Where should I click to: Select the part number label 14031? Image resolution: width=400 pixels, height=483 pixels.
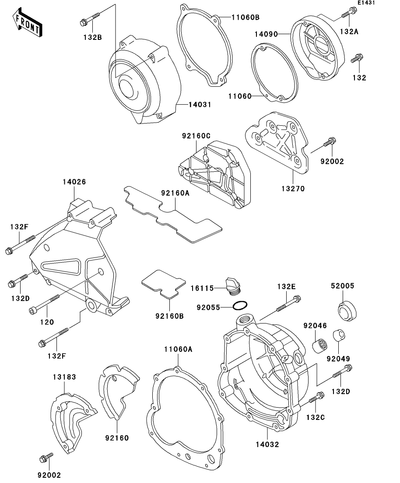(x=200, y=105)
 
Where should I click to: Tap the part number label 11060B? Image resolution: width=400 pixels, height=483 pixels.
(x=246, y=18)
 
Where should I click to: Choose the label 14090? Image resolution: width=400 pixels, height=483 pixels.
(x=266, y=34)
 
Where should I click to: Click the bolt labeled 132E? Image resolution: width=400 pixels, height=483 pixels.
(x=288, y=305)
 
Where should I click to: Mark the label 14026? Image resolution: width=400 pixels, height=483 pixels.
(x=74, y=182)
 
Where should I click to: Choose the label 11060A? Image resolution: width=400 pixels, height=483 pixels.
(x=179, y=349)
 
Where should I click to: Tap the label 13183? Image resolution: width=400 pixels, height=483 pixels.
(x=65, y=377)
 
